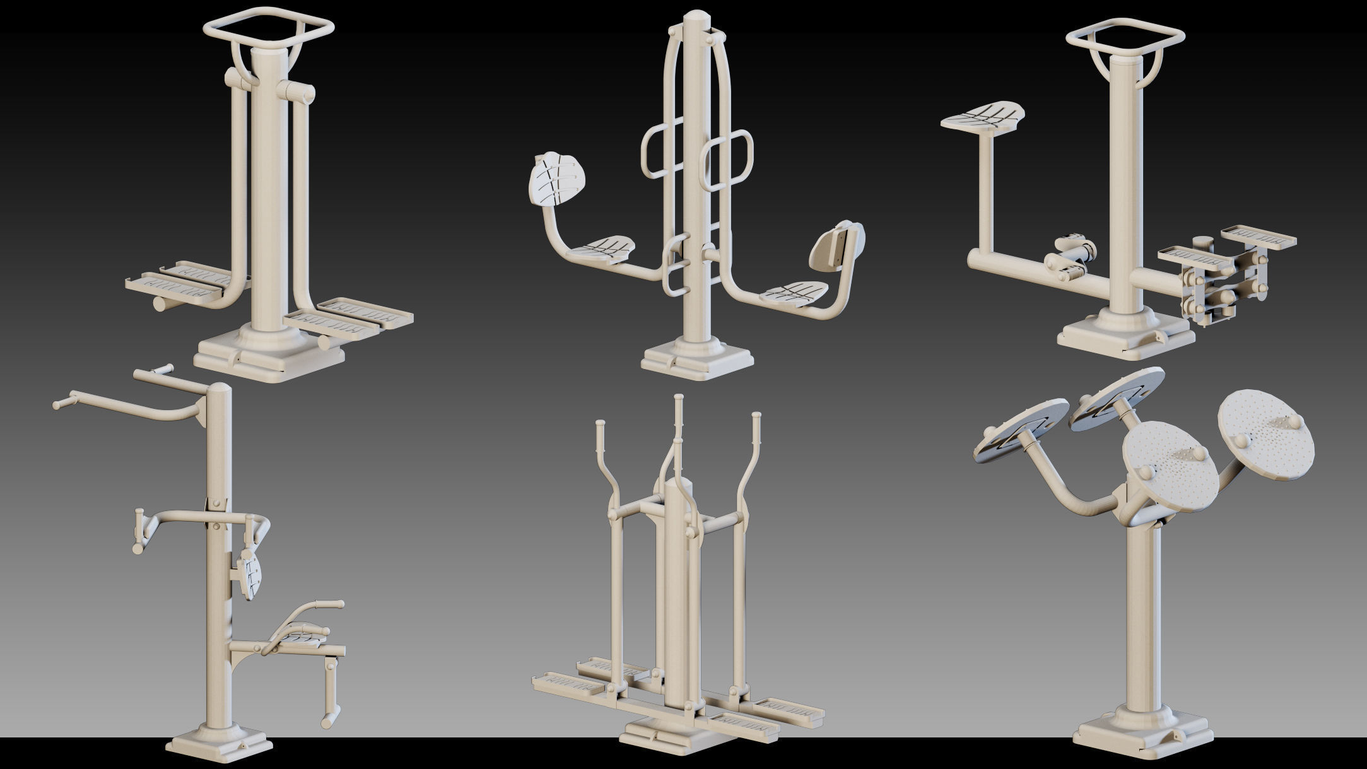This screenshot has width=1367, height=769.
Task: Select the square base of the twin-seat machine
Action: (696, 361)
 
